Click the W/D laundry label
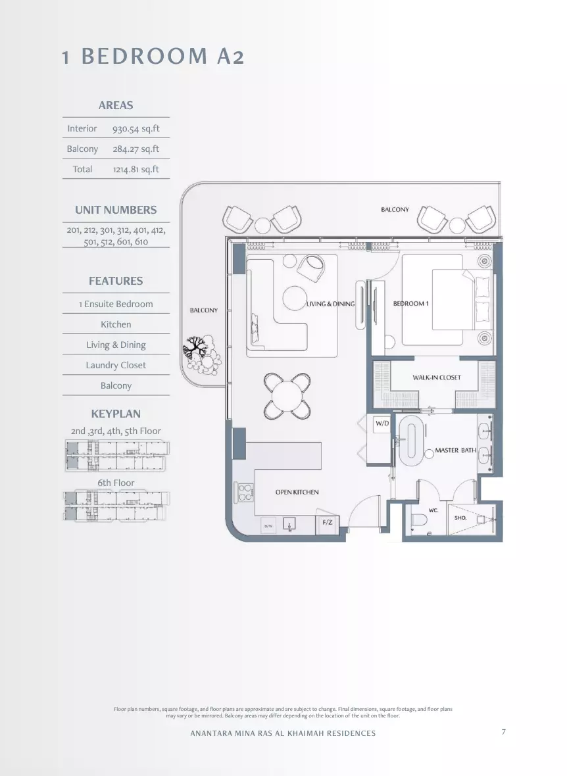coord(382,424)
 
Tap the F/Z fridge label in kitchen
coord(328,522)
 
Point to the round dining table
coord(287,395)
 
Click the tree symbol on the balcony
coord(195,347)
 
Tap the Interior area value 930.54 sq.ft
coord(136,129)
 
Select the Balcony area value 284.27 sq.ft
coord(136,149)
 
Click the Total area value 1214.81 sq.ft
coord(136,169)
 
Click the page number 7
coord(504,732)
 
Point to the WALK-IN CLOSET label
coord(437,377)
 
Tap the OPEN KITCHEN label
coord(297,492)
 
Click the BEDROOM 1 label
coord(411,303)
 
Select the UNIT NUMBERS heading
coord(116,210)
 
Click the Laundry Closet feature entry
coord(116,365)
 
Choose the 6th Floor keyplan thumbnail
coord(116,505)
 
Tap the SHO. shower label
coord(460,518)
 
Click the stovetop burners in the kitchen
coord(245,492)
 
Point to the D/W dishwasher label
coord(268,526)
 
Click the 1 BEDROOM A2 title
coord(153,56)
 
